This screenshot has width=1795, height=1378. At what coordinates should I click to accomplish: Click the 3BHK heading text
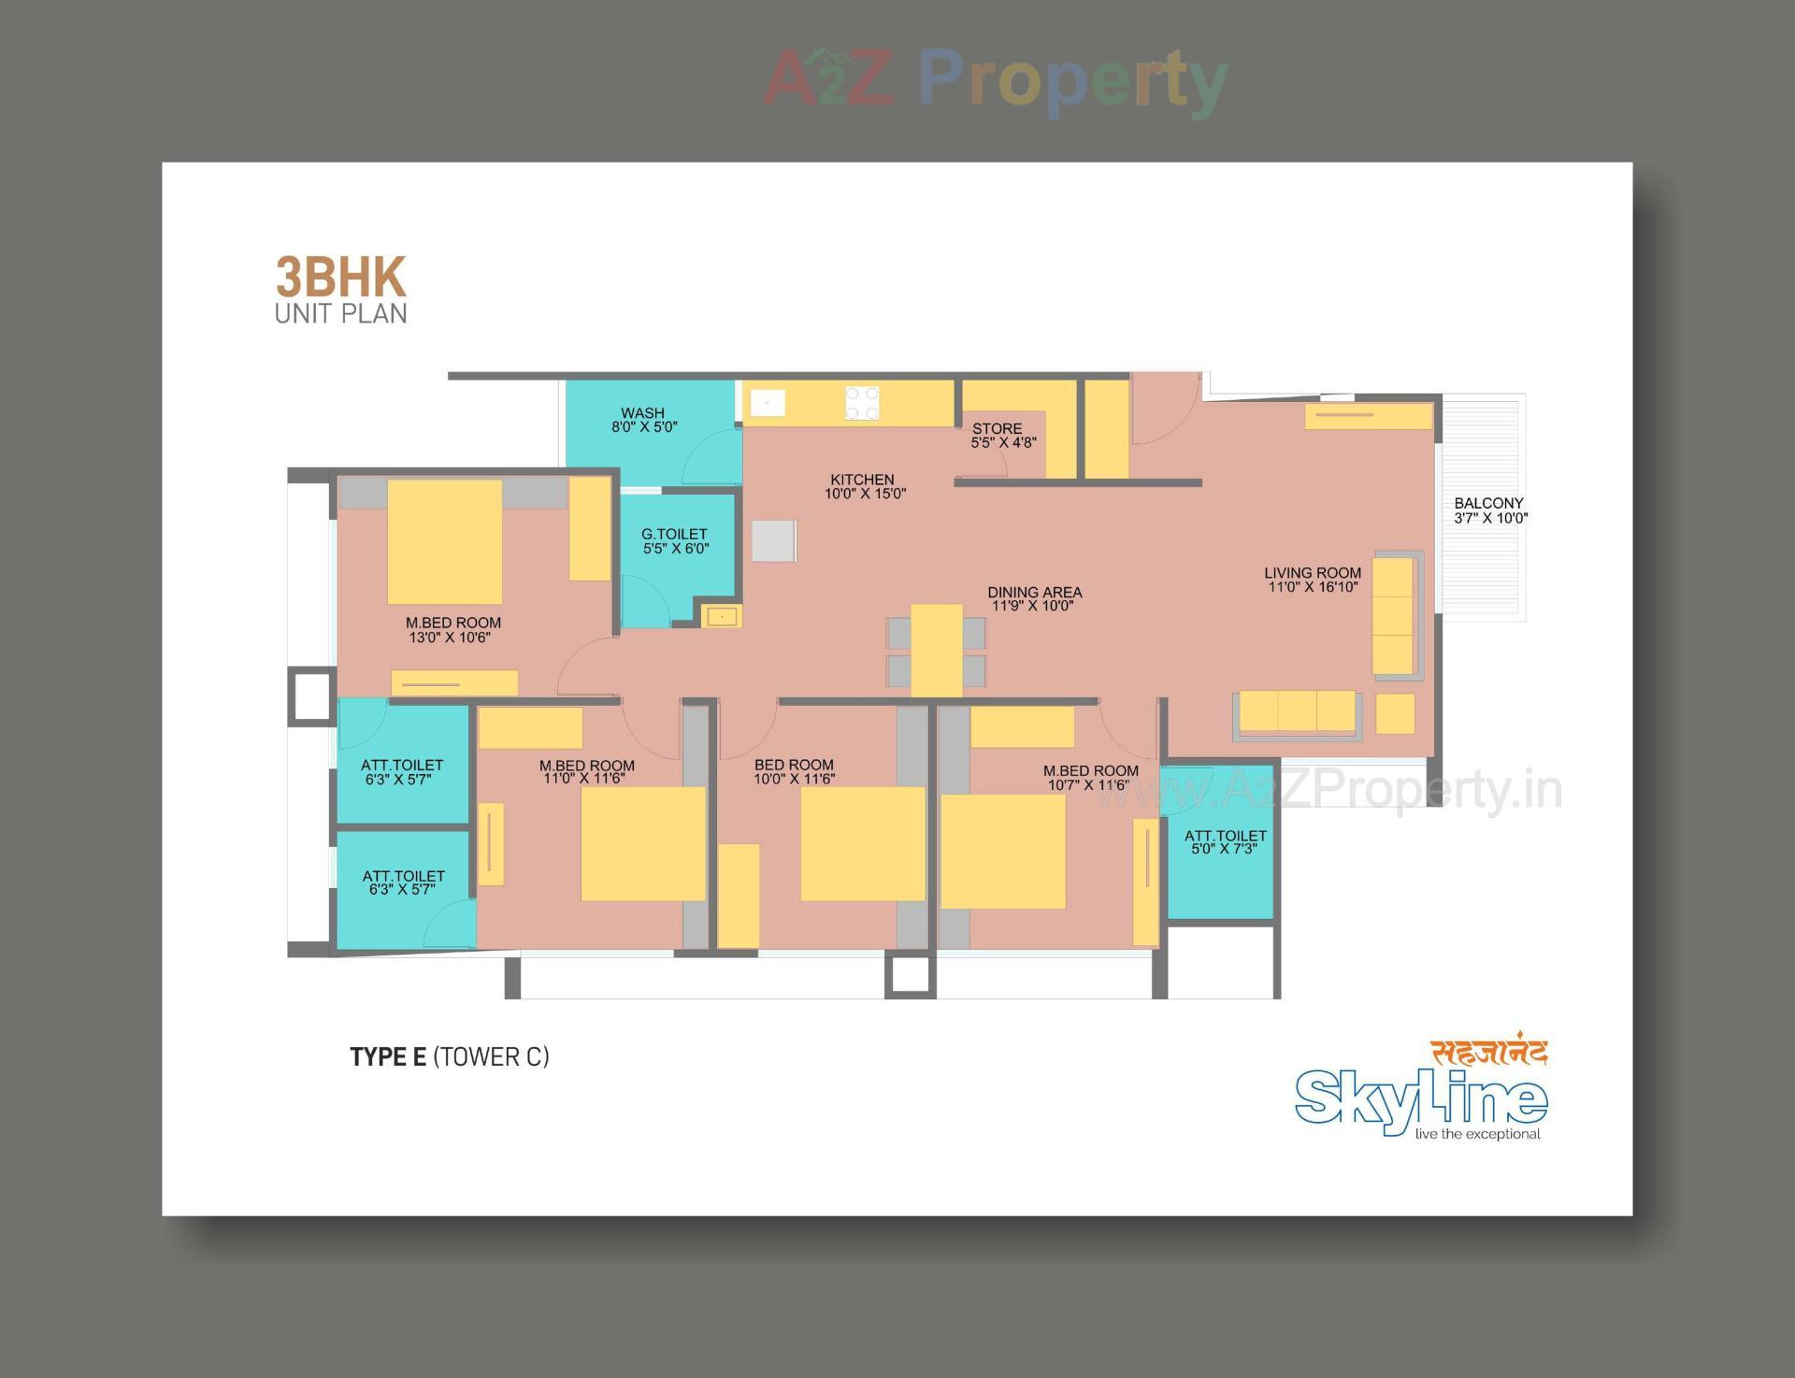pos(340,278)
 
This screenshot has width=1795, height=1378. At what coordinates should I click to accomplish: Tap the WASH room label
pos(643,413)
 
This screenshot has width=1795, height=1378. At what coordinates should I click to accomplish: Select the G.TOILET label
pos(674,535)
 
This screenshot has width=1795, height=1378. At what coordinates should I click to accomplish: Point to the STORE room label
pos(997,429)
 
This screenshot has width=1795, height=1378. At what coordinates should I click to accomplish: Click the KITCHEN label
pos(862,480)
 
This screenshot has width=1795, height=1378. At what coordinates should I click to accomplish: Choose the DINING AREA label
pos(1034,593)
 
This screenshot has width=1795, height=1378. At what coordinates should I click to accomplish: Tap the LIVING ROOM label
pos(1313,573)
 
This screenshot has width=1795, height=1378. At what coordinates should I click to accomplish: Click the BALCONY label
pos(1488,503)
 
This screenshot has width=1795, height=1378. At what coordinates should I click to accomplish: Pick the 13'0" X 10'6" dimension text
pos(450,639)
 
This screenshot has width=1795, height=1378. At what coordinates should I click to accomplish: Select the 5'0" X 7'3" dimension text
pos(1225,849)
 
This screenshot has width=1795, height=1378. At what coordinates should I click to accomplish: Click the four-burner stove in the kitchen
pos(862,404)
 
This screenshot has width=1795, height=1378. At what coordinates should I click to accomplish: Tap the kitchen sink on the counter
pos(768,404)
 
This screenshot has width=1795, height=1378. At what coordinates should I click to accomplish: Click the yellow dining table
pos(937,651)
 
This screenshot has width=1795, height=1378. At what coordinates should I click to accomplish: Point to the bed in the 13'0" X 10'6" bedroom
pos(445,542)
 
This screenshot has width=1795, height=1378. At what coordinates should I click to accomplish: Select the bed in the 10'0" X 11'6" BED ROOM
pos(862,844)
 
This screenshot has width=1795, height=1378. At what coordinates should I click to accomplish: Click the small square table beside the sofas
pos(1395,714)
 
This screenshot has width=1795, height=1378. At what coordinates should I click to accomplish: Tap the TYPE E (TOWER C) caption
pos(450,1056)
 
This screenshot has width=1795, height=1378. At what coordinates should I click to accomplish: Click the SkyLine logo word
pos(1420,1100)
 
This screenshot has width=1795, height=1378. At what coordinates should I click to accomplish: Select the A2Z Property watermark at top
pos(996,79)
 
